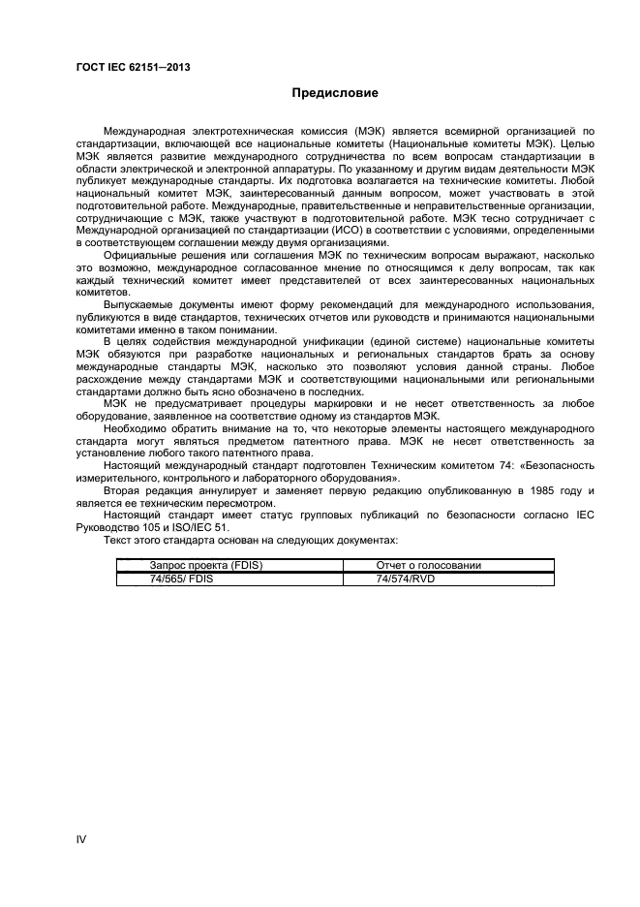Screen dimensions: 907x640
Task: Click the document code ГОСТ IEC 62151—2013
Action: pos(132,67)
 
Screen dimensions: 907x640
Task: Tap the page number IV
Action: pos(82,839)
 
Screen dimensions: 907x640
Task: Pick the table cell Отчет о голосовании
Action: pos(428,565)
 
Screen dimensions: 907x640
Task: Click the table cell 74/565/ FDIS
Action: pos(181,579)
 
